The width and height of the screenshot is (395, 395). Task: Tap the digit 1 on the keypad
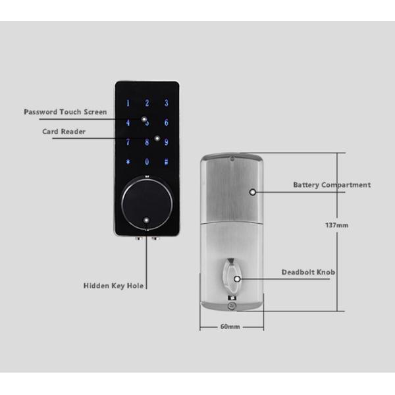click(128, 103)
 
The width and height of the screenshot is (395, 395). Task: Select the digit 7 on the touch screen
click(128, 142)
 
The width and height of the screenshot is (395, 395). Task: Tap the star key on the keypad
click(128, 162)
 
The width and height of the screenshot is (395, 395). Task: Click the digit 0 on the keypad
click(147, 162)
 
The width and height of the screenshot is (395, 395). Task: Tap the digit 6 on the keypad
click(167, 122)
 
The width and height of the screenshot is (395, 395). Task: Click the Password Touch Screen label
click(65, 112)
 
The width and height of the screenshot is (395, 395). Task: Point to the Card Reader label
click(64, 132)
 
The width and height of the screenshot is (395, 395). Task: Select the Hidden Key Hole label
click(113, 286)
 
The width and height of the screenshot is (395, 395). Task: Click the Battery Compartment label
click(331, 185)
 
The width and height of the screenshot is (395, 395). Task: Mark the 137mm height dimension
click(337, 225)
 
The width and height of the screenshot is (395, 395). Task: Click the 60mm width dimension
click(230, 327)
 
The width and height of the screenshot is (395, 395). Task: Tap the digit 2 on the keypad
click(147, 103)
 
